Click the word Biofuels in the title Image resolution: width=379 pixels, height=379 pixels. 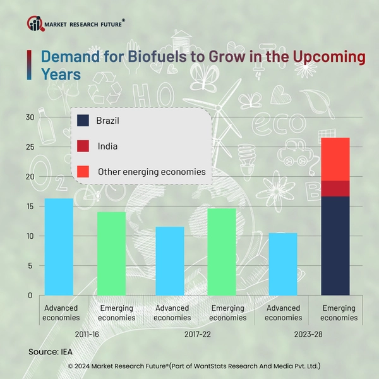click(x=154, y=57)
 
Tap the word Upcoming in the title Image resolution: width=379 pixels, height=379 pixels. click(x=328, y=57)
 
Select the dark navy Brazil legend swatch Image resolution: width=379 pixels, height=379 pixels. click(x=83, y=120)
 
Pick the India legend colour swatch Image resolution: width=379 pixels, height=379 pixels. click(x=83, y=146)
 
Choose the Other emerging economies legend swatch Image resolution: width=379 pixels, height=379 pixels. click(x=83, y=171)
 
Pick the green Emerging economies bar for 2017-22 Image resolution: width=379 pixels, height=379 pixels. click(x=222, y=252)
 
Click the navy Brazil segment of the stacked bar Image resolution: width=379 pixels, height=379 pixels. click(x=335, y=246)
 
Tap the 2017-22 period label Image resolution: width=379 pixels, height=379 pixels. click(x=196, y=332)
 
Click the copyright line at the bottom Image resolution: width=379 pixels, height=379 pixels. click(x=189, y=366)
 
